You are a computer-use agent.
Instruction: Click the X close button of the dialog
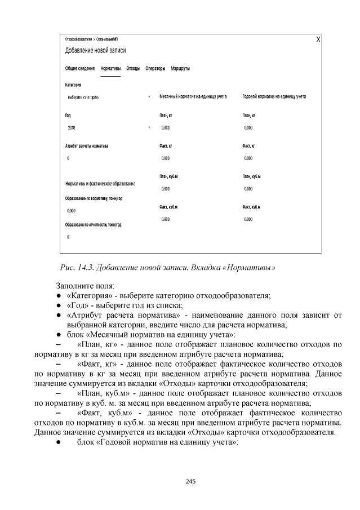coord(318,39)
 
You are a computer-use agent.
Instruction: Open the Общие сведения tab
coord(79,68)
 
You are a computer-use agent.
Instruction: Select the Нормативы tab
coord(110,68)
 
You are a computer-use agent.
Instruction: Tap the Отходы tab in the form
coord(133,68)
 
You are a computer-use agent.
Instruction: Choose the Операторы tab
coord(155,68)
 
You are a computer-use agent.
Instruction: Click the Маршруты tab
coord(180,68)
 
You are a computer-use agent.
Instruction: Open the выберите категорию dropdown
coord(107,97)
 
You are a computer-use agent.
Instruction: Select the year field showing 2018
coord(107,127)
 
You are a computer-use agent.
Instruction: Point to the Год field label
coord(69,115)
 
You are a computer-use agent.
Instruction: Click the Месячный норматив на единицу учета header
coord(193,97)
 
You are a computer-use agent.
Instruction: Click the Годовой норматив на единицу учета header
coord(274,97)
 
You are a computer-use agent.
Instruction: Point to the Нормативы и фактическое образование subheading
coord(100,184)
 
